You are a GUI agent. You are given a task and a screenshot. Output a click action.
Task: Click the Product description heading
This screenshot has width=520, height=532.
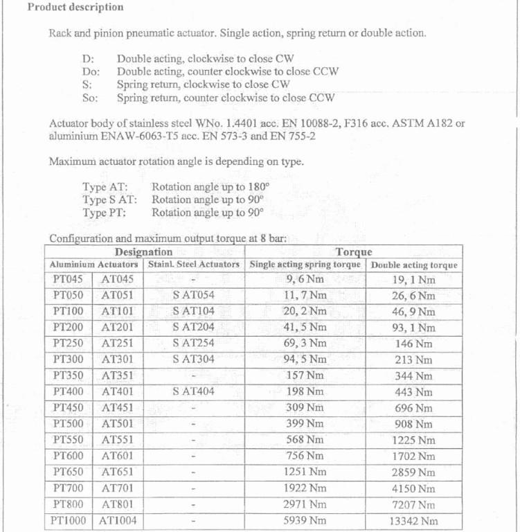tap(75, 8)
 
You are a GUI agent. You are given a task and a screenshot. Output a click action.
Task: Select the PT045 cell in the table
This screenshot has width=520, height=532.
tap(68, 280)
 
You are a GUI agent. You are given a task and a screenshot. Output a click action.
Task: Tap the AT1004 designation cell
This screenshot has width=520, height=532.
tap(118, 521)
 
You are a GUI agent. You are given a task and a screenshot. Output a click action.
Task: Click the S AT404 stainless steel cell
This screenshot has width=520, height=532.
tap(194, 392)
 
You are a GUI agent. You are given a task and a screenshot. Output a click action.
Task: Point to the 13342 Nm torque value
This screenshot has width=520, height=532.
tap(413, 522)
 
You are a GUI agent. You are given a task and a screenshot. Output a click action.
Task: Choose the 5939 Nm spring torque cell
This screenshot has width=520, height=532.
tap(305, 521)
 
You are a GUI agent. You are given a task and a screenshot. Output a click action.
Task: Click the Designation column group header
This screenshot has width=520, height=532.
tap(143, 252)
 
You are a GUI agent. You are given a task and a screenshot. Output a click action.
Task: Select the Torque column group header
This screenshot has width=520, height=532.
tap(354, 252)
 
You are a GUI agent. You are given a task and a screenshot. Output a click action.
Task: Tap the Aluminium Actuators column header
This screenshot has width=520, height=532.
tap(94, 265)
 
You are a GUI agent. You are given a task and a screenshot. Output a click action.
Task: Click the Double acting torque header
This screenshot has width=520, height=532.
tap(414, 265)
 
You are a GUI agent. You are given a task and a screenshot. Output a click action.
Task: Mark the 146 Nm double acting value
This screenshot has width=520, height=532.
tap(413, 344)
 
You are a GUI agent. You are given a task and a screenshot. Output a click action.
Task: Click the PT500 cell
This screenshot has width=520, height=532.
tap(68, 424)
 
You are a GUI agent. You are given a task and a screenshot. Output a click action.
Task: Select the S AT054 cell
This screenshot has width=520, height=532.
tap(194, 296)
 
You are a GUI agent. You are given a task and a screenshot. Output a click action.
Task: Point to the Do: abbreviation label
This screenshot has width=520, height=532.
tap(91, 71)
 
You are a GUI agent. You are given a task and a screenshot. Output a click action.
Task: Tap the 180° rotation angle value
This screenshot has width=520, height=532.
tap(255, 186)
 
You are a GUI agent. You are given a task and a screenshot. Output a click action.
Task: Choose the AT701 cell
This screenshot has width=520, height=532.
tap(118, 488)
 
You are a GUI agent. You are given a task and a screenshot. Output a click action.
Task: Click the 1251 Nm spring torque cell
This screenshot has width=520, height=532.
tap(305, 472)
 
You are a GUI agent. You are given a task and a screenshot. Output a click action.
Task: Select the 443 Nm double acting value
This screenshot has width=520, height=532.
tap(413, 392)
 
